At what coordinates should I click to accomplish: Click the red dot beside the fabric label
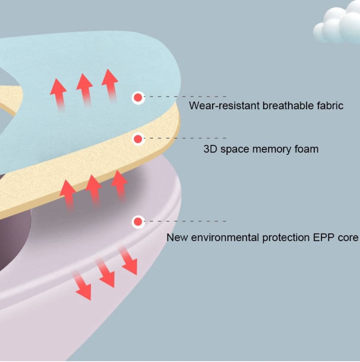138,97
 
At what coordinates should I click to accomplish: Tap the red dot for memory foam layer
138,139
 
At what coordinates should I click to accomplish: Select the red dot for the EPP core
138,222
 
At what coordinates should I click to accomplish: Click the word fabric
329,106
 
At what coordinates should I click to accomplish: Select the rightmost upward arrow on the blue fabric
110,84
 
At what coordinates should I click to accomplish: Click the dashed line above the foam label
185,138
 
